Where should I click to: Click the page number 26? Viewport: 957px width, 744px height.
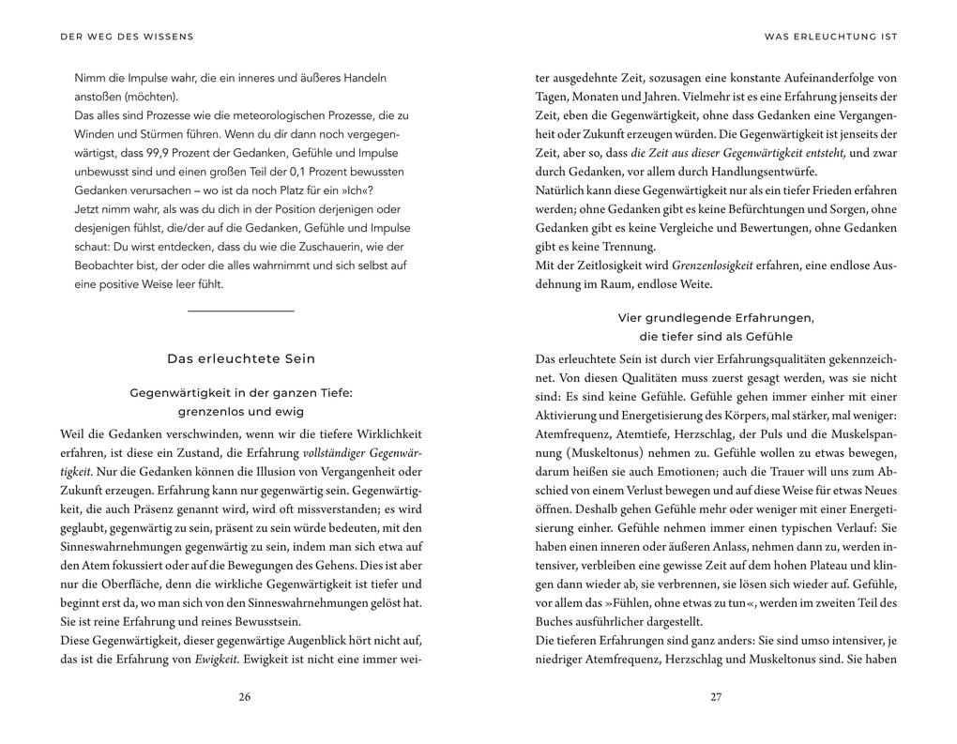click(x=245, y=697)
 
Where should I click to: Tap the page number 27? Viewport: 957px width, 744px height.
click(x=716, y=697)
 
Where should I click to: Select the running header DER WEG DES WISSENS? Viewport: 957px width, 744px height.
click(x=127, y=37)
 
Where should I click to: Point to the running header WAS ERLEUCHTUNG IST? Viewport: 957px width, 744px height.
click(x=831, y=37)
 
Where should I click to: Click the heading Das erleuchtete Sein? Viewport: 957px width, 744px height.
click(x=241, y=358)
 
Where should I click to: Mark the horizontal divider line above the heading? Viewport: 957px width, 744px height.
click(x=241, y=311)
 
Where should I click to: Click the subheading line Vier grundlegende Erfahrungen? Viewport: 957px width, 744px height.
click(x=716, y=317)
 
